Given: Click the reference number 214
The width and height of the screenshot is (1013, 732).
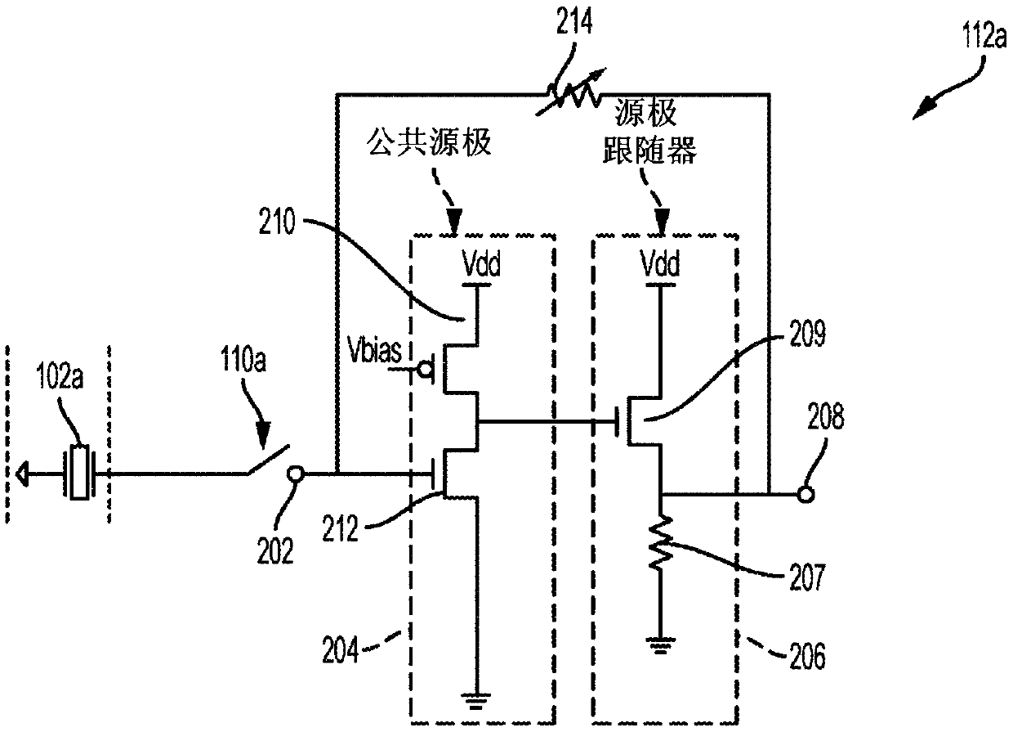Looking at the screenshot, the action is [573, 22].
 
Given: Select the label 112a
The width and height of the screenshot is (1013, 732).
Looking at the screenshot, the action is [985, 36].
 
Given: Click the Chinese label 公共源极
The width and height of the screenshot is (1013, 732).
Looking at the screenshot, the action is [429, 141].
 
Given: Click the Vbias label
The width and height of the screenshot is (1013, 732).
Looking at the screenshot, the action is [374, 350].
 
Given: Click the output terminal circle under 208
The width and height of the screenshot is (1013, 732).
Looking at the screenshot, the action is [805, 494].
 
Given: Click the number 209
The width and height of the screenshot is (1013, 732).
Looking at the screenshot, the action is [807, 334].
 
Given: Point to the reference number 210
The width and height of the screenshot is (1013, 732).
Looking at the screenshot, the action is [277, 222].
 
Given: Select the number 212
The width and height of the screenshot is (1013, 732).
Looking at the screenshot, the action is [340, 528].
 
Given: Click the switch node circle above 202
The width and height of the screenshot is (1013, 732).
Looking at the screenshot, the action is [296, 474].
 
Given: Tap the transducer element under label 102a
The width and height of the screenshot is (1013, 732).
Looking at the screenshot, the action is [80, 473].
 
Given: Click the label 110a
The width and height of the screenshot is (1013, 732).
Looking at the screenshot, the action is [243, 359].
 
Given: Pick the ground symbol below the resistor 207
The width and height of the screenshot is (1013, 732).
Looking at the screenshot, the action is [661, 645].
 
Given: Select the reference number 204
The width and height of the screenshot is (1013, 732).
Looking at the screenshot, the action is [340, 650].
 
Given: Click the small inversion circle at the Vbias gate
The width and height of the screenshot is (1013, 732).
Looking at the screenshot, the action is [425, 370].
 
